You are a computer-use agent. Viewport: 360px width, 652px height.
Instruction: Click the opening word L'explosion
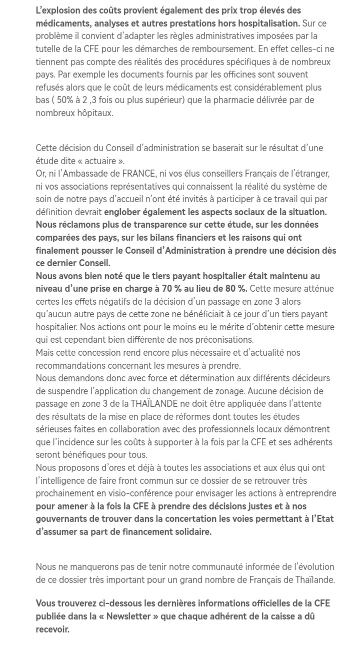coord(57,11)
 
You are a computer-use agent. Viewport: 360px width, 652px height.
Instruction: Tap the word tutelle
coord(48,49)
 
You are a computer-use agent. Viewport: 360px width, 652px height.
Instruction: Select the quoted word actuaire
coord(100,161)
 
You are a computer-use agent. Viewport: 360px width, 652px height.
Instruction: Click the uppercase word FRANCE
coord(138,174)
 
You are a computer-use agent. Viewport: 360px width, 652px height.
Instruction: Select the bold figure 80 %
coord(235,289)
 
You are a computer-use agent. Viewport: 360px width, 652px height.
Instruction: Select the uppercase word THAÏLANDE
coord(154,404)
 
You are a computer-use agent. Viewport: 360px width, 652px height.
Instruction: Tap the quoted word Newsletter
coord(128,616)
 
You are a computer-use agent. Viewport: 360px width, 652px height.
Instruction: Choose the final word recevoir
coord(52,629)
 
